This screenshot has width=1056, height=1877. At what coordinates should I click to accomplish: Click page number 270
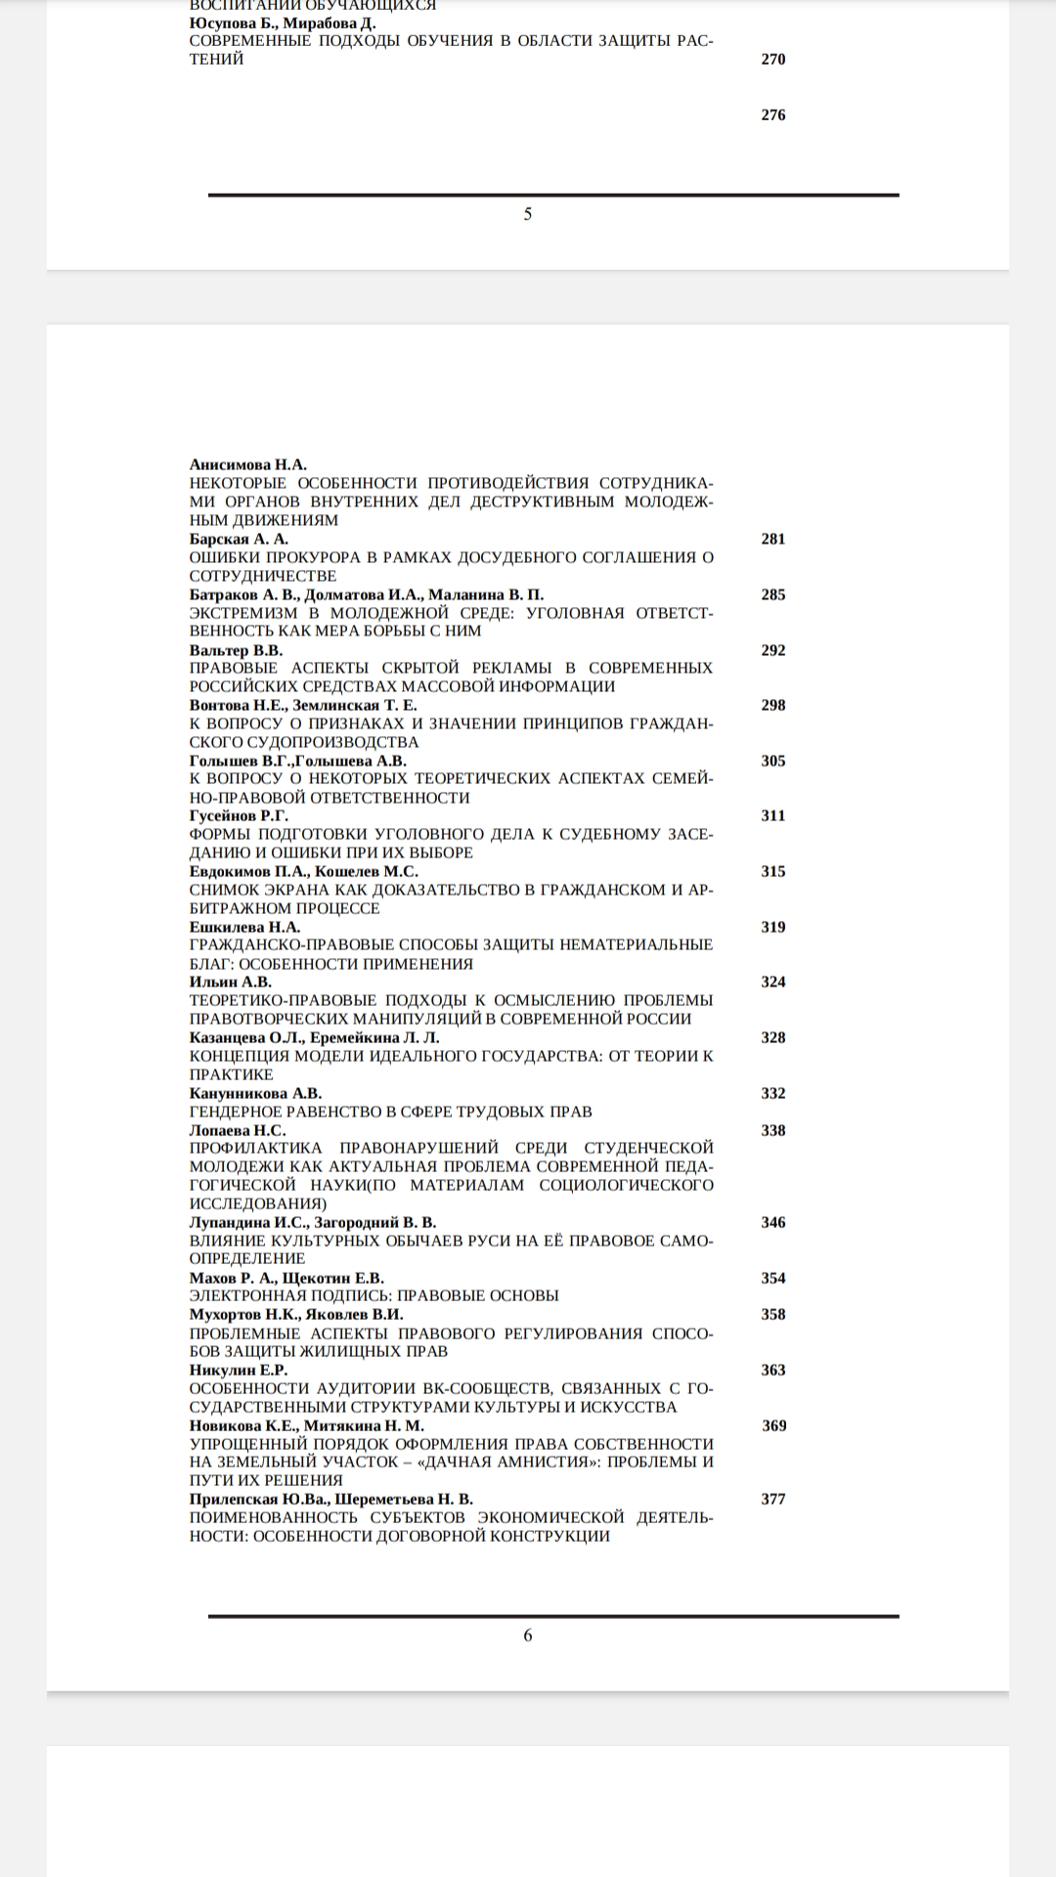click(x=772, y=59)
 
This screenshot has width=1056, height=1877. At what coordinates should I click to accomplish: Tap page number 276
click(x=772, y=114)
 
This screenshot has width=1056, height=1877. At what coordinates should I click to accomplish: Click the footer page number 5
click(x=528, y=214)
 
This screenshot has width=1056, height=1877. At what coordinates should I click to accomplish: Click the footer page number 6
click(x=528, y=1636)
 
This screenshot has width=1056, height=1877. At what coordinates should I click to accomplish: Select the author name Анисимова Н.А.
click(x=248, y=464)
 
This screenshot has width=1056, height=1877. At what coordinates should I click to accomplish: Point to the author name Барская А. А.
click(x=239, y=539)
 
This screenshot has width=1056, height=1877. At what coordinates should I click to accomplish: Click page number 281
click(x=772, y=539)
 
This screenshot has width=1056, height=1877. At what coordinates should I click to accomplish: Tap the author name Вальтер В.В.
click(x=236, y=650)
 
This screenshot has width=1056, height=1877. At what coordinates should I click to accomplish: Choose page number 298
click(x=772, y=705)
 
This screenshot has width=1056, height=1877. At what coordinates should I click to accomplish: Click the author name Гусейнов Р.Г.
click(x=239, y=815)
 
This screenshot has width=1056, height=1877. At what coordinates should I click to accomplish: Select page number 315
click(x=772, y=871)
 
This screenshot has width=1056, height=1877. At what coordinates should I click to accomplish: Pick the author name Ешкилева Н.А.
click(x=244, y=927)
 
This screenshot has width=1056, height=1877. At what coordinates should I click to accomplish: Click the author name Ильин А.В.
click(x=231, y=982)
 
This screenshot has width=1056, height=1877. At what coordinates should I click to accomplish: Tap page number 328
click(x=772, y=1037)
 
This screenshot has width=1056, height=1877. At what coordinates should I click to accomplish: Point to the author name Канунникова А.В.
click(x=255, y=1093)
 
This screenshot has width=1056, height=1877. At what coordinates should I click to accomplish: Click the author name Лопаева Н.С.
click(x=238, y=1130)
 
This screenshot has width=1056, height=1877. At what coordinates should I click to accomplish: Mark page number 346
click(x=772, y=1222)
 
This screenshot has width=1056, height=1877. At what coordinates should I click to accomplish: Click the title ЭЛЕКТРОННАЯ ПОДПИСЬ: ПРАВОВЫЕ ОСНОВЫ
click(x=374, y=1295)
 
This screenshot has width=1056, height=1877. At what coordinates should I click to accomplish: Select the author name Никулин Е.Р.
click(x=239, y=1370)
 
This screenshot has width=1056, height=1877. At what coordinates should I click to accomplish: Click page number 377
click(x=772, y=1499)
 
